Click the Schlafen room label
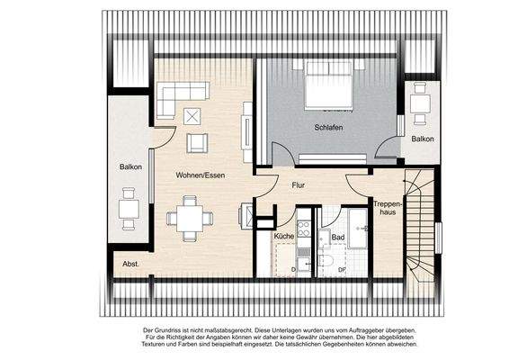[329, 129]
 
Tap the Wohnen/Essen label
[201, 175]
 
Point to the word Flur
[299, 186]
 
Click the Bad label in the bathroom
[338, 237]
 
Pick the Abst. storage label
[131, 264]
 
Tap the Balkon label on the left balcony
[129, 167]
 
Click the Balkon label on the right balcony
[422, 139]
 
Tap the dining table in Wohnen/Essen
[190, 218]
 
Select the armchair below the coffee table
[196, 141]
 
